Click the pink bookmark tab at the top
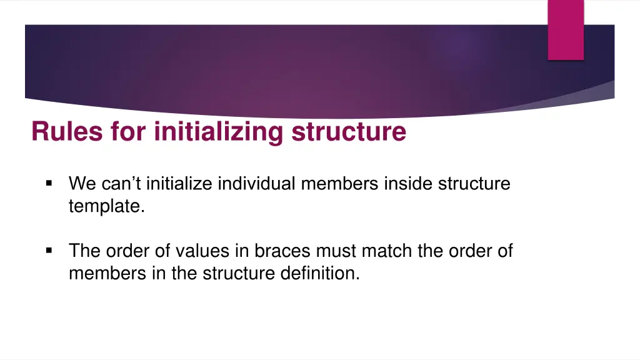[x=566, y=29]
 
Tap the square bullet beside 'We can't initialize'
[x=49, y=184]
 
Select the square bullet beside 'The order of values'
[x=49, y=251]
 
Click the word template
[x=107, y=206]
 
